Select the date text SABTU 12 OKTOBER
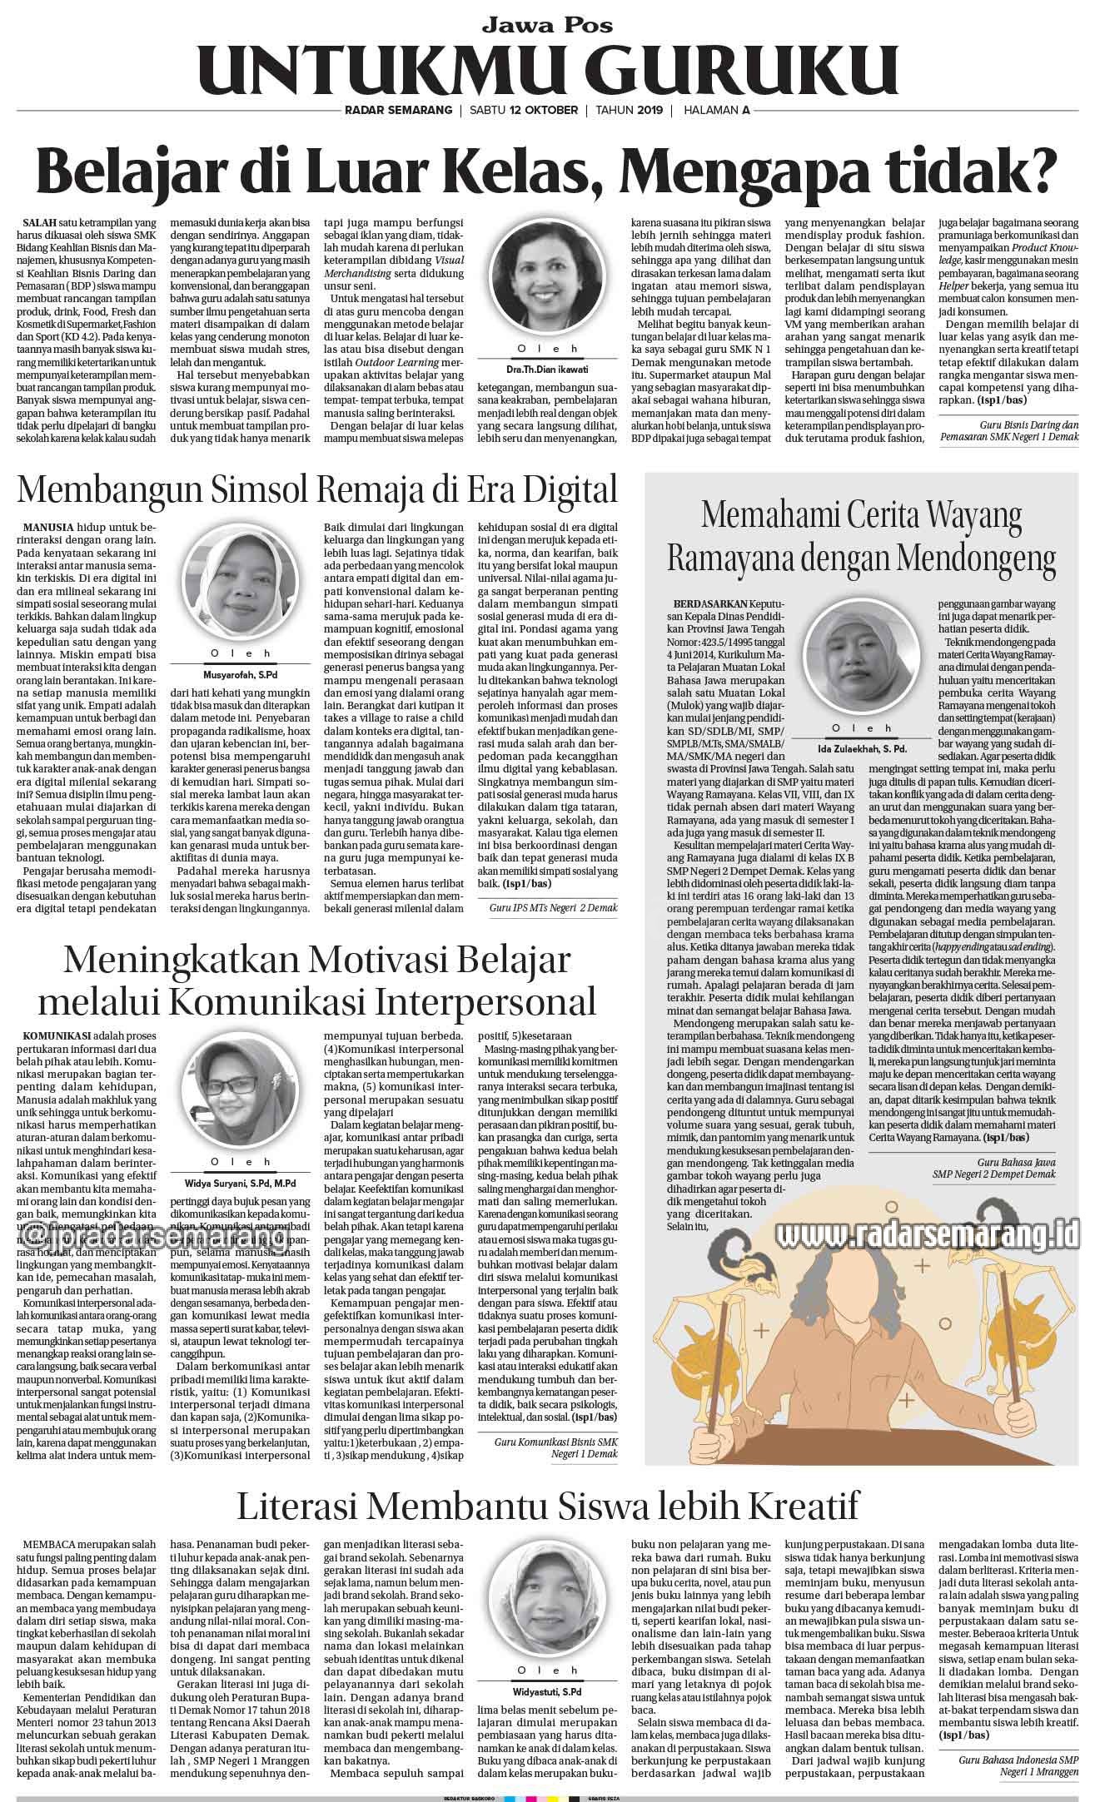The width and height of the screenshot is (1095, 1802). tap(524, 111)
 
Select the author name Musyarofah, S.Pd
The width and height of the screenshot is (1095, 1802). tap(241, 673)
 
